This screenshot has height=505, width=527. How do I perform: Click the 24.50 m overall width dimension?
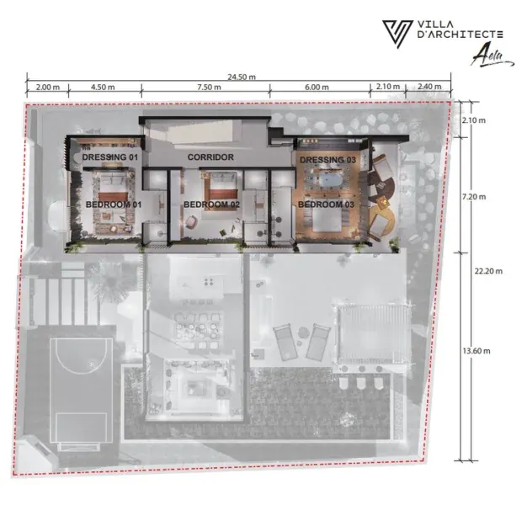pos(242,77)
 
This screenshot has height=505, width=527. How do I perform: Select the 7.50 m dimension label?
pos(209,87)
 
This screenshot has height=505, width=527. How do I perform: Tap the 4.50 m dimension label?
pos(103,87)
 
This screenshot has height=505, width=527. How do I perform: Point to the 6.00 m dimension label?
pos(317,87)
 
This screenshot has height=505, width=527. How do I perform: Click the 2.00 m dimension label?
pos(48,87)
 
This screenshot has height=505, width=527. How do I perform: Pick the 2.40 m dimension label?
pos(429,87)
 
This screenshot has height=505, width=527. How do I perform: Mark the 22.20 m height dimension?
pos(488,271)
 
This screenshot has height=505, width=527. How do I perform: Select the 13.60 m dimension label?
pos(476,351)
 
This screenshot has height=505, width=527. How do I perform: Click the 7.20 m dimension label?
pos(474,197)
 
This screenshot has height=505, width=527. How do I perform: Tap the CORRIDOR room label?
pos(210,157)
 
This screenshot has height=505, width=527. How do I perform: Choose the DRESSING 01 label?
pos(110,157)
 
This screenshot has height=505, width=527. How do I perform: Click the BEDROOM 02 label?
pos(212,205)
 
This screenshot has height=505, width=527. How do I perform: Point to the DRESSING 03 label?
pos(327,160)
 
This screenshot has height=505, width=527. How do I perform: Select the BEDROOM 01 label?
pos(114,205)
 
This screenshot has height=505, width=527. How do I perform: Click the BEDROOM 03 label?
pos(326,205)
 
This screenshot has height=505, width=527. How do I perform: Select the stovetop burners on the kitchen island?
pos(209,282)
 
